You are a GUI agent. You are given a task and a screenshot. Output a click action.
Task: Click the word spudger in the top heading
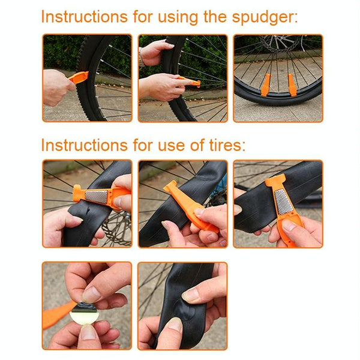pyautogui.click(x=265, y=17)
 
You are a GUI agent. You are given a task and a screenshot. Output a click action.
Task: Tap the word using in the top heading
pyautogui.click(x=178, y=17)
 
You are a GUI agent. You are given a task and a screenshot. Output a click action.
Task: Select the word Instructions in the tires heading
pyautogui.click(x=84, y=145)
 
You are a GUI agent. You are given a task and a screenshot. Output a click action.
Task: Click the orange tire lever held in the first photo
pyautogui.click(x=79, y=77)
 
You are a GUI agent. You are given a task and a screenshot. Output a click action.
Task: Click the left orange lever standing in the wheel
pyautogui.click(x=266, y=85)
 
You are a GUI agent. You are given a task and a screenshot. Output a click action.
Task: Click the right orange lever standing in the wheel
pyautogui.click(x=292, y=85)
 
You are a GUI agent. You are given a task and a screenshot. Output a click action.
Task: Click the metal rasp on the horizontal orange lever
pyautogui.click(x=97, y=196)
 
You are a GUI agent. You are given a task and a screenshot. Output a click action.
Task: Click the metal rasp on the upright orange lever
pyautogui.click(x=284, y=202)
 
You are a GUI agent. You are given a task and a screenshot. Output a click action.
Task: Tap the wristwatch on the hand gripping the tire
pyautogui.click(x=141, y=57)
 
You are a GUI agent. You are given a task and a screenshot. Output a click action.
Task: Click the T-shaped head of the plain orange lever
pyautogui.click(x=170, y=187)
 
